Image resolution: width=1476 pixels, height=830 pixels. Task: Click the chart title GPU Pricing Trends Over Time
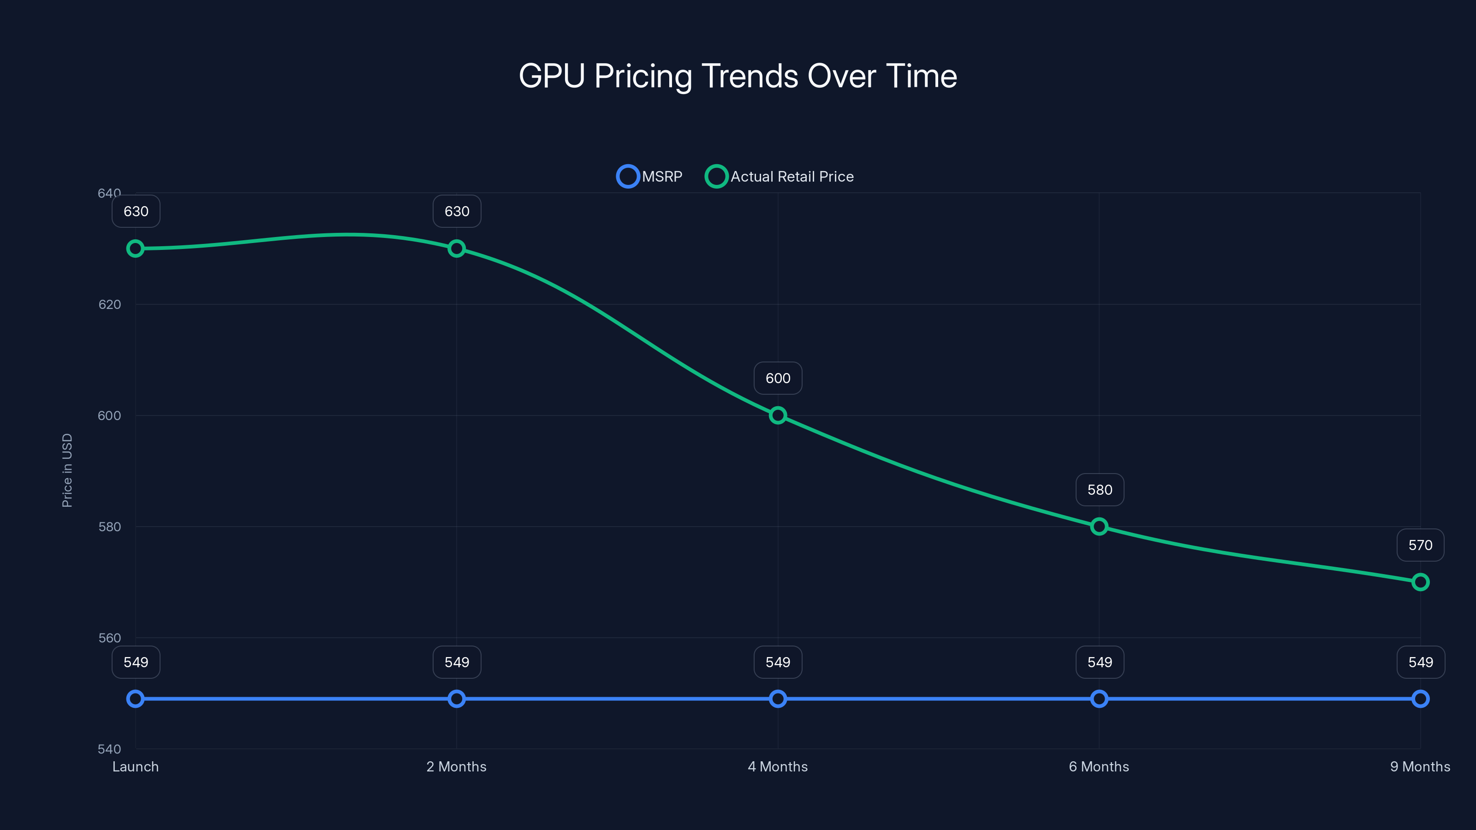point(738,76)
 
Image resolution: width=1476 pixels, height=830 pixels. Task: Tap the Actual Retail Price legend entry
point(780,177)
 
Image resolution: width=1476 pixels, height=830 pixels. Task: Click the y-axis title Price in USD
point(67,470)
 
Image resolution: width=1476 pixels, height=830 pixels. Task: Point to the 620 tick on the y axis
point(109,305)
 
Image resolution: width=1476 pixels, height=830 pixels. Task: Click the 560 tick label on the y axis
point(109,638)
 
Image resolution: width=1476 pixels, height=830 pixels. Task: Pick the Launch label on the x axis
point(135,767)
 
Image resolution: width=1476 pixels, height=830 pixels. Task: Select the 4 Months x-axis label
point(778,767)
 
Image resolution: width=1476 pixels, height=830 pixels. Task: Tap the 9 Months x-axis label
point(1420,767)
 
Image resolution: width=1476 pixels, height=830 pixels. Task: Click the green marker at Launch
point(135,249)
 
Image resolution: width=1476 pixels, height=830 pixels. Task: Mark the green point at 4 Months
point(778,415)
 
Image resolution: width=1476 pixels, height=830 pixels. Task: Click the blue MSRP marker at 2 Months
point(457,699)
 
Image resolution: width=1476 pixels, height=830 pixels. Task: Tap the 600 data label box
point(778,378)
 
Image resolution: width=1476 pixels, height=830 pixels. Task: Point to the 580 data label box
point(1100,490)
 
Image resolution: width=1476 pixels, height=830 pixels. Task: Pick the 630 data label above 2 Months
point(457,211)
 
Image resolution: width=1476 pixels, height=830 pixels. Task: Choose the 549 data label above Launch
point(136,662)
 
